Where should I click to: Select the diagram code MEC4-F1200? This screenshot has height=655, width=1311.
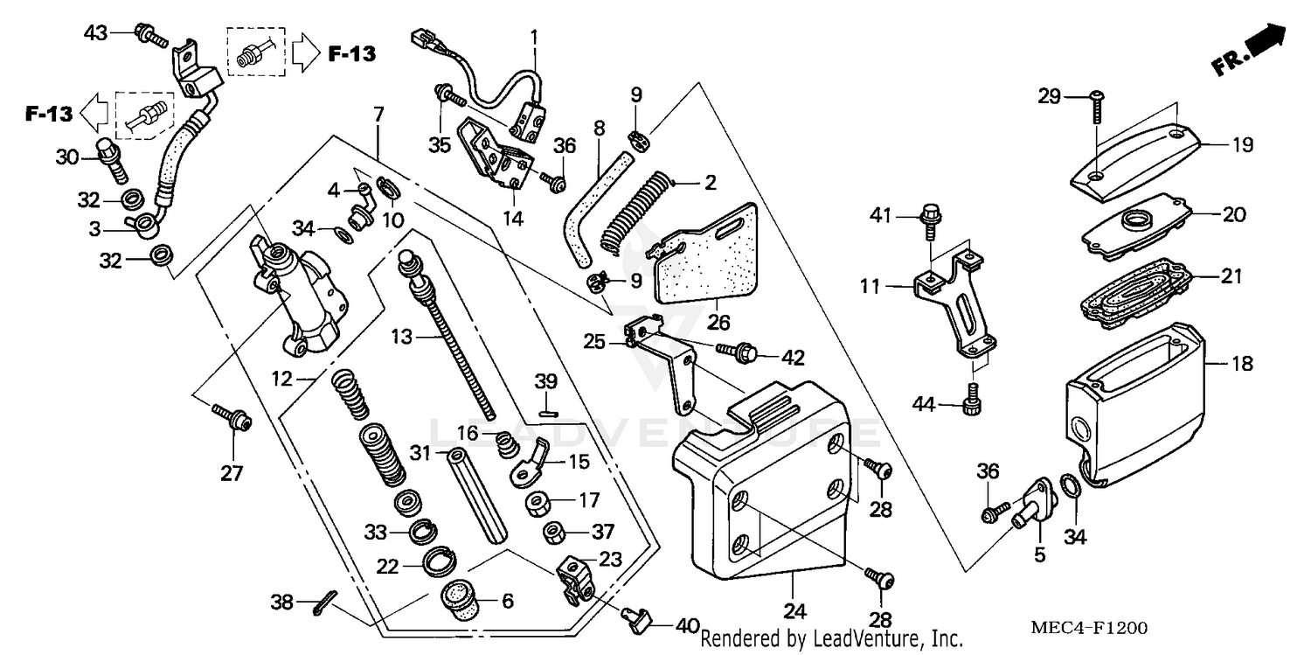pyautogui.click(x=1090, y=629)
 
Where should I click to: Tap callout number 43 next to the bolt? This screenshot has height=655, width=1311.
pyautogui.click(x=95, y=33)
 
